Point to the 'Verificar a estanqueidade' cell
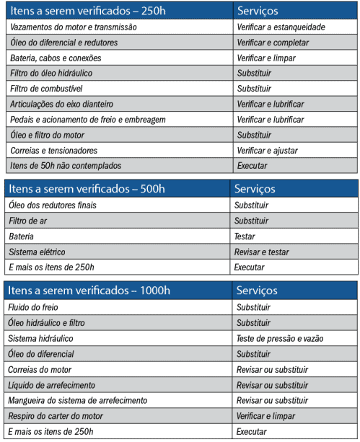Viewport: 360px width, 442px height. [x=281, y=27]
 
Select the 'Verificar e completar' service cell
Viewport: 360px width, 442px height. [x=273, y=43]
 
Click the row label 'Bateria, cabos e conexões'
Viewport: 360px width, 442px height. [x=56, y=58]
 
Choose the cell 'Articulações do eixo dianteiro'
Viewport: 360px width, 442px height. [x=62, y=104]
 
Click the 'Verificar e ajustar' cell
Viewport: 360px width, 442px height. [x=267, y=150]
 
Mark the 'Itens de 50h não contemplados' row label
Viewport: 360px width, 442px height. [x=66, y=166]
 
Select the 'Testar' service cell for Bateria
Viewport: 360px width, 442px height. [x=245, y=237]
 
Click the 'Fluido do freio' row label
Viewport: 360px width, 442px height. [x=36, y=307]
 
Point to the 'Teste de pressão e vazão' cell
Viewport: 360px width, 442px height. [x=280, y=338]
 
